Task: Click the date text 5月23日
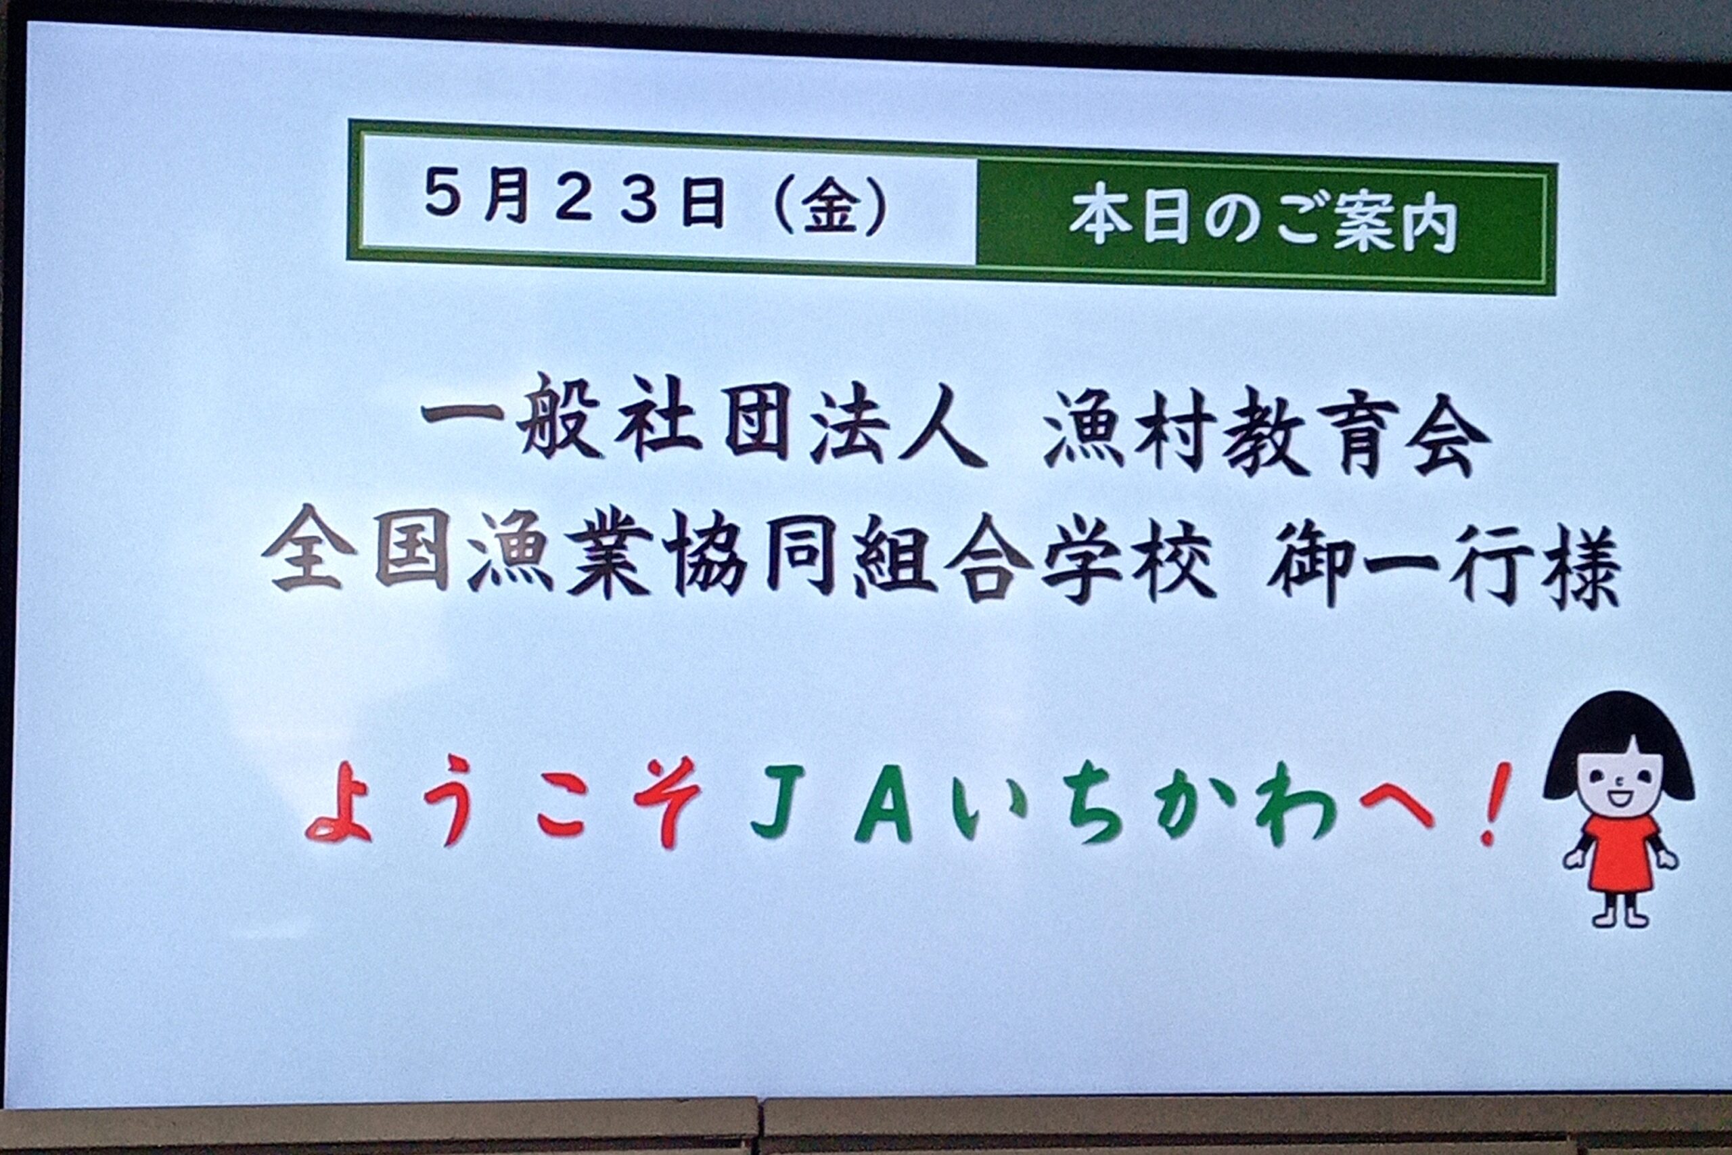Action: click(574, 200)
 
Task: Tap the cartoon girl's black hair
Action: click(1618, 744)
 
